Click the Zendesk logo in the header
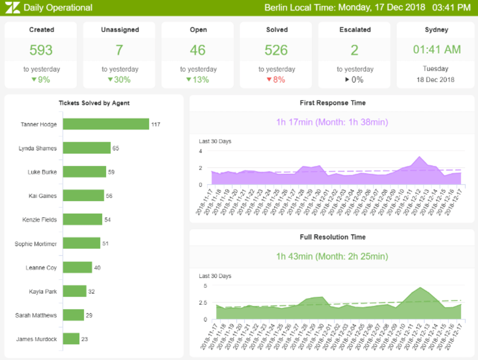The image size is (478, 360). [13, 8]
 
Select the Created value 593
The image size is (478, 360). [41, 50]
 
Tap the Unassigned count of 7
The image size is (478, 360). [119, 50]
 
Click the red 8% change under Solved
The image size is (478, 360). [276, 80]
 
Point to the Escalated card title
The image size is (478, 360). [355, 30]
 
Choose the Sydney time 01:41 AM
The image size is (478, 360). [436, 50]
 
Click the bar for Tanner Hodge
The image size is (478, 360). [106, 124]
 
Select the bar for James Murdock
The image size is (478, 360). [71, 339]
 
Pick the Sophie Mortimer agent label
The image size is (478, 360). [35, 244]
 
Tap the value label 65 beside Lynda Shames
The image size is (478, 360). [116, 148]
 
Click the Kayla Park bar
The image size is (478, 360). [74, 291]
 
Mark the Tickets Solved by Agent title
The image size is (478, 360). [94, 103]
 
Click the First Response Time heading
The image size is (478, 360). [332, 103]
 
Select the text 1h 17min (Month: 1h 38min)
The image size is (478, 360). [332, 122]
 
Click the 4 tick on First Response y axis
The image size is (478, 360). [200, 151]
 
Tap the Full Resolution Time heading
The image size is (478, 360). [332, 237]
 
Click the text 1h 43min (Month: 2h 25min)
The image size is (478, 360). [332, 256]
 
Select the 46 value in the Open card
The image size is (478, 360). [197, 50]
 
